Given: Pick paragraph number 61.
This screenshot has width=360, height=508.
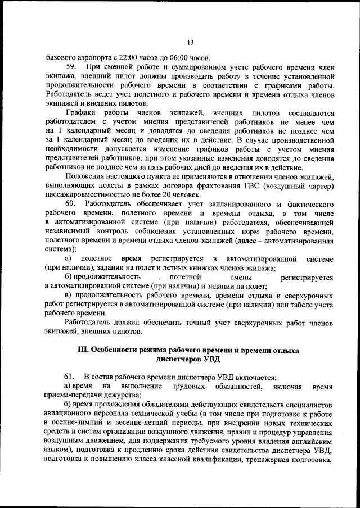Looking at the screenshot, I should point(71,375).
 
